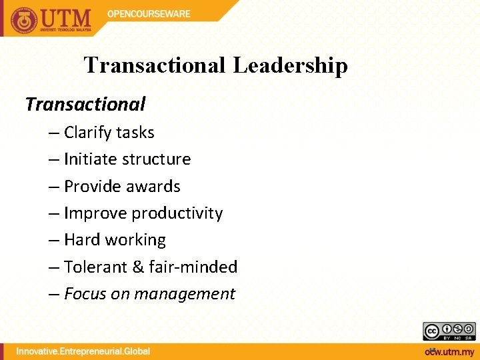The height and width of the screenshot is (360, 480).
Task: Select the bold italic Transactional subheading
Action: (x=85, y=104)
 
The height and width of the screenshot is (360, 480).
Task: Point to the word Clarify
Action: (x=87, y=133)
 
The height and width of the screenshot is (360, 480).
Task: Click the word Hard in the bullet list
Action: (x=82, y=240)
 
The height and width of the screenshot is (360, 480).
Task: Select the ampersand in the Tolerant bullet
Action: (x=138, y=267)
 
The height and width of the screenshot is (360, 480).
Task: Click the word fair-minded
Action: (x=193, y=267)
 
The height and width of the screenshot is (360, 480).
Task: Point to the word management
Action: (x=195, y=294)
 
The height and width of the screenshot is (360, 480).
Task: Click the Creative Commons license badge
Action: (x=449, y=331)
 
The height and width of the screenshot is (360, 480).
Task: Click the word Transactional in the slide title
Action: (x=154, y=65)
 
